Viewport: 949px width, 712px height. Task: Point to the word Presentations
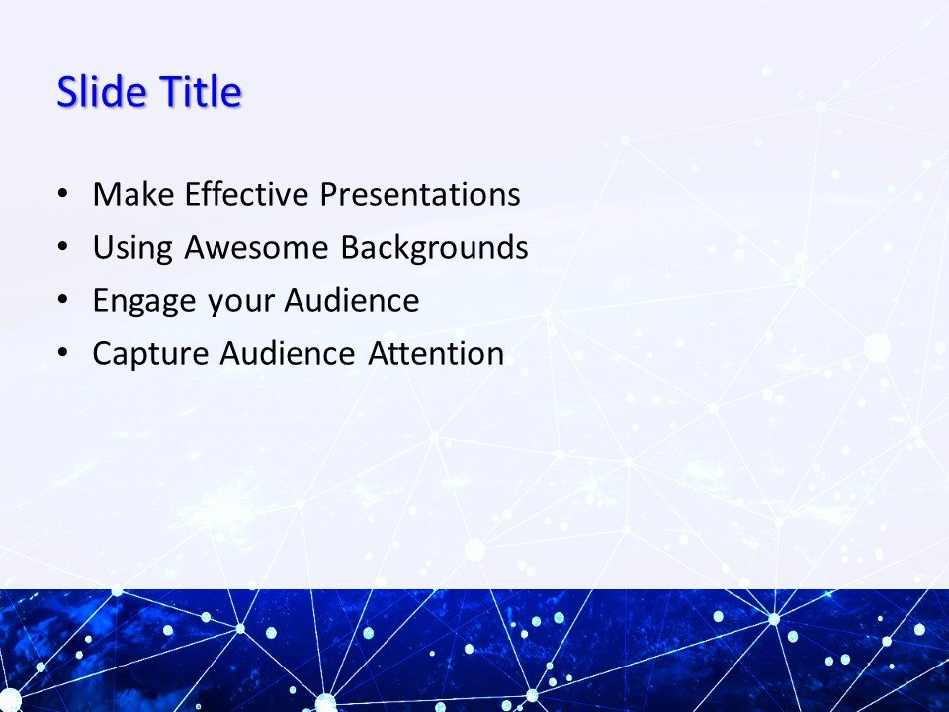pos(419,195)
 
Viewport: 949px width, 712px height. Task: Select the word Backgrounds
pos(434,248)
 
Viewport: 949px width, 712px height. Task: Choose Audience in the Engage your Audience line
pos(351,302)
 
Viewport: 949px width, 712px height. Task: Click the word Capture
pos(149,354)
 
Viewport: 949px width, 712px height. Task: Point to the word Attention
pos(436,354)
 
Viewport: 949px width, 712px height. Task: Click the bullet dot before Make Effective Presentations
pos(64,195)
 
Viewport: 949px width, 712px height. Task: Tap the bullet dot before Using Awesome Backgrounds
pos(64,248)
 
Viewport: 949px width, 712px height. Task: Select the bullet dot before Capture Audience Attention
pos(64,354)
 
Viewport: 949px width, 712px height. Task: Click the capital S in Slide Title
pos(67,93)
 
